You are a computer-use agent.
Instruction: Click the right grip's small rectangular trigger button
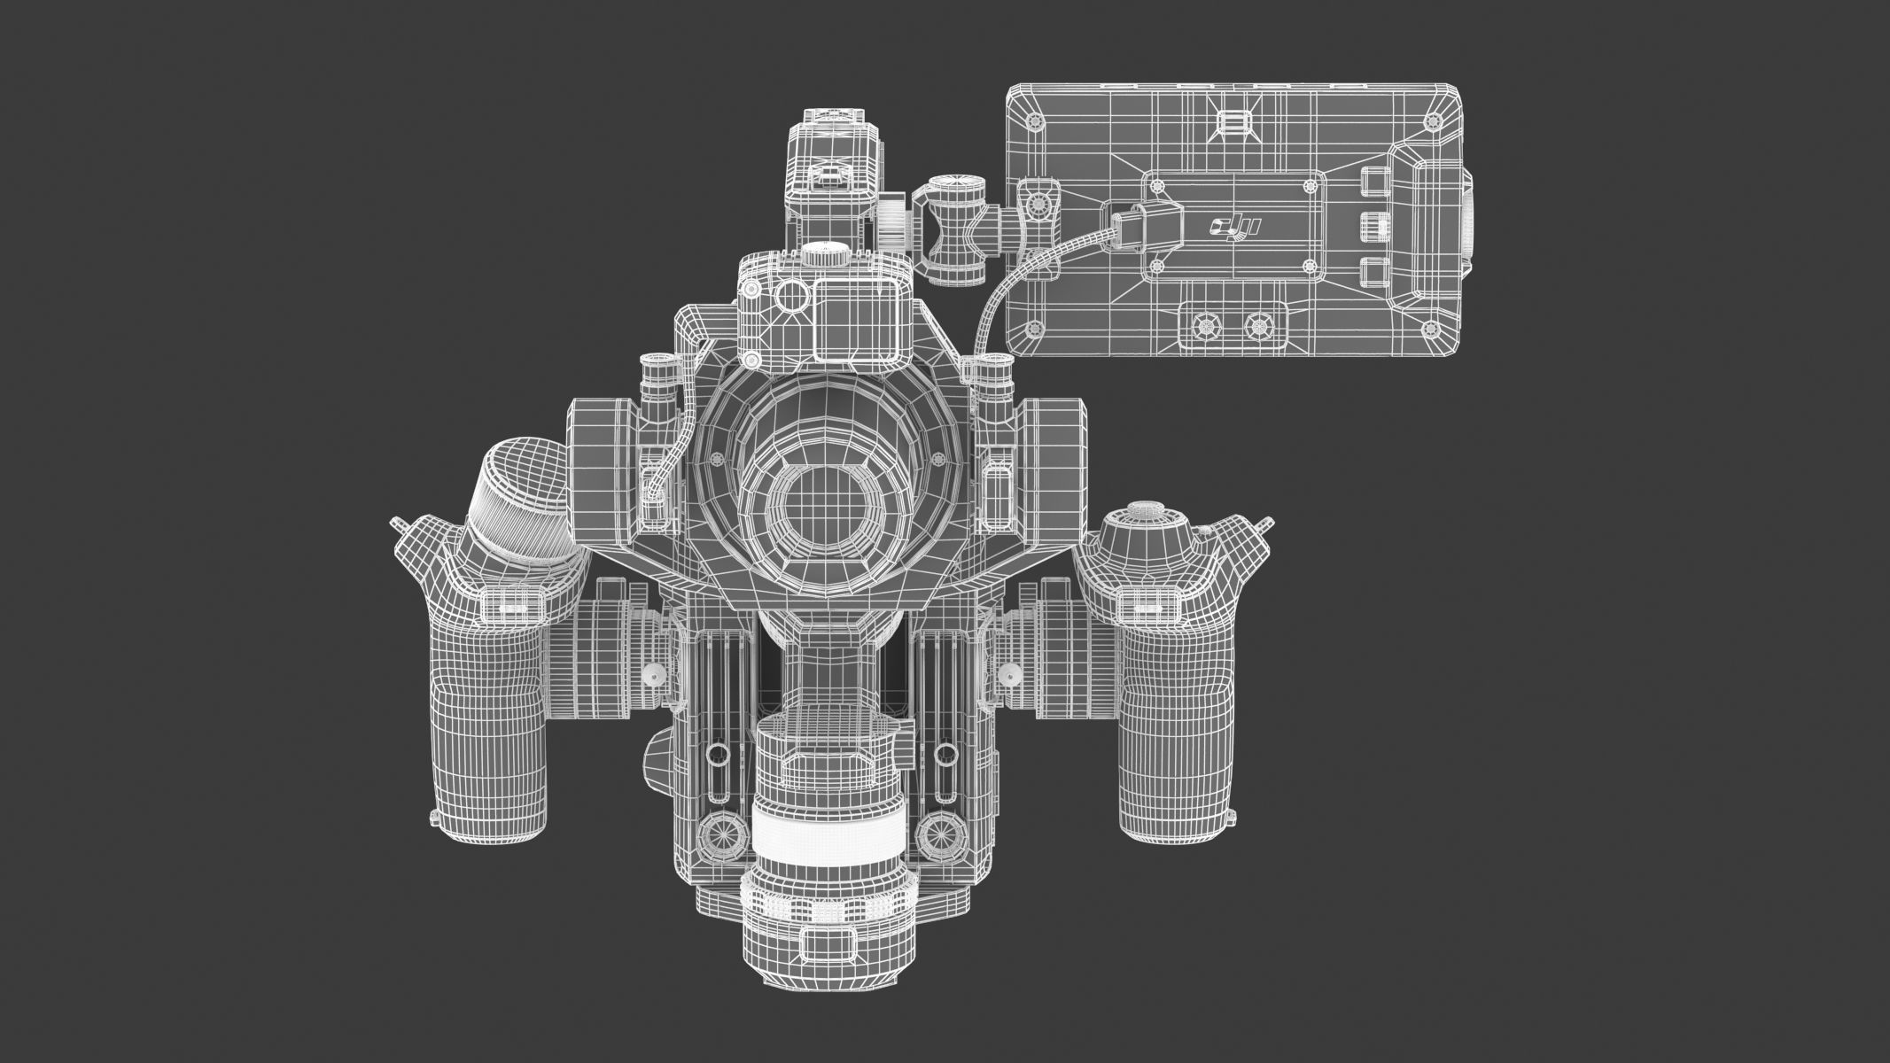[x=1142, y=606]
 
